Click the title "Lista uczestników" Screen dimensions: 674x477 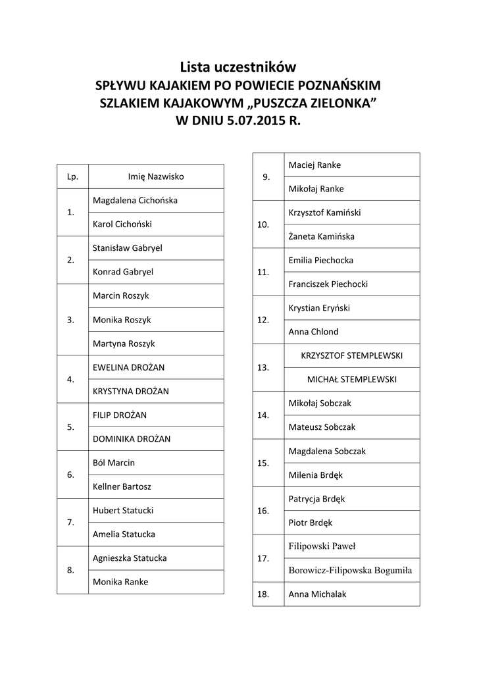(x=238, y=67)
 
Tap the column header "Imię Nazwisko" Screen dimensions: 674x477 (x=156, y=176)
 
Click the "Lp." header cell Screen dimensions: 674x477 (x=72, y=176)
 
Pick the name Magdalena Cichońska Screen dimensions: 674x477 (x=135, y=200)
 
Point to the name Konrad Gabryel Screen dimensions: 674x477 (x=123, y=271)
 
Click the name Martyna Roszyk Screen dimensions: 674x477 (x=124, y=344)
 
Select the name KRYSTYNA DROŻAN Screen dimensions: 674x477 (x=131, y=391)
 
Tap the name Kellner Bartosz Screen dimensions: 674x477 (x=122, y=486)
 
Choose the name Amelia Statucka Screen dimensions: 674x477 (x=124, y=534)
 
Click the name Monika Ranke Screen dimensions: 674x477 (x=120, y=582)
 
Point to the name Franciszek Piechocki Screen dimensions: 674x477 (x=328, y=284)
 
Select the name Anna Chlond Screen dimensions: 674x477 (x=313, y=332)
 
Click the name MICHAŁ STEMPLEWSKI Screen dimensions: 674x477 (x=352, y=379)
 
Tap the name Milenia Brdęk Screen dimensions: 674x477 (x=315, y=475)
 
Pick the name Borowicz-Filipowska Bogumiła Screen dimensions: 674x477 (x=350, y=570)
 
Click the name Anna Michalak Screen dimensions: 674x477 (x=317, y=594)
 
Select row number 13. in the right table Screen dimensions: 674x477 (x=263, y=367)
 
